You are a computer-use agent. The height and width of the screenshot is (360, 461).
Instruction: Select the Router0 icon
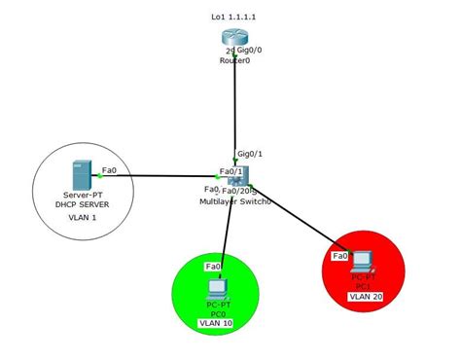234,40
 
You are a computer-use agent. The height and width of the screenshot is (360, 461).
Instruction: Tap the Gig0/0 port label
251,49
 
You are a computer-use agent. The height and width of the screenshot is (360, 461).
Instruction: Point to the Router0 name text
235,59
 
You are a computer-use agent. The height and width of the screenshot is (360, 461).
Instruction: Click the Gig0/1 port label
250,155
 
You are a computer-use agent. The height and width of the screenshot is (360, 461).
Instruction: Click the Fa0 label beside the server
109,170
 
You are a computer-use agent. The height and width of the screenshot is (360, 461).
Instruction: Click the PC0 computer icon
217,287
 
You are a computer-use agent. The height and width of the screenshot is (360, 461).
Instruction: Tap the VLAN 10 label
216,323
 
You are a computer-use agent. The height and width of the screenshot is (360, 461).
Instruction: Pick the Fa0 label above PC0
213,266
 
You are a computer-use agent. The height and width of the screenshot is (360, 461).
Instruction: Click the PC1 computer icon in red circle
363,260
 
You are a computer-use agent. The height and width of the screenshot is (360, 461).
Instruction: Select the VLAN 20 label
364,296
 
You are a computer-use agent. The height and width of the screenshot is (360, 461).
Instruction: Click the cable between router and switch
234,107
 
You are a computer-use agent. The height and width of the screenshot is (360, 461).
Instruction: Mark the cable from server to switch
165,176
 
